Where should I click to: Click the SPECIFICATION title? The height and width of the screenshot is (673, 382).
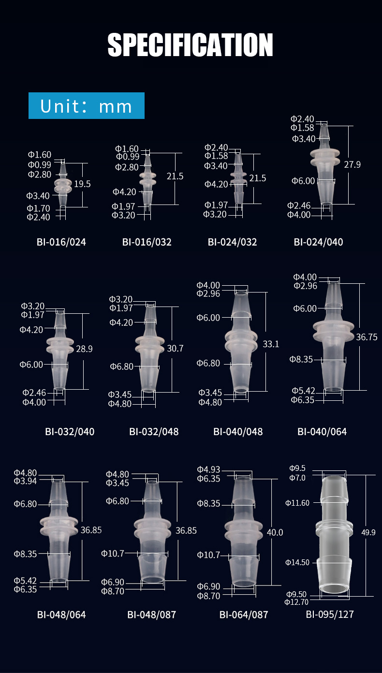191,45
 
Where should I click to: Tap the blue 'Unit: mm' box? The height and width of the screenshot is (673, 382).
87,106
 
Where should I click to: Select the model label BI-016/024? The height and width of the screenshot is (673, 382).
61,242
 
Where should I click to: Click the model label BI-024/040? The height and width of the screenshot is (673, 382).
318,242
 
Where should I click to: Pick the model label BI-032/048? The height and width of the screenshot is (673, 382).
154,431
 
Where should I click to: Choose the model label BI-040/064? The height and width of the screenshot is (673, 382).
322,431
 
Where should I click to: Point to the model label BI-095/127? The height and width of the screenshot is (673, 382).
330,614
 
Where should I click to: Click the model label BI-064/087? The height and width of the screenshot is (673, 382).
244,614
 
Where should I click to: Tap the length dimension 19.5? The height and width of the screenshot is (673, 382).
82,184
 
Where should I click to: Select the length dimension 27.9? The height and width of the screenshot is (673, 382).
352,164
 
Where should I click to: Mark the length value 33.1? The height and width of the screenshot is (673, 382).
271,344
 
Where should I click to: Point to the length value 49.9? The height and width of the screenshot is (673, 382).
368,532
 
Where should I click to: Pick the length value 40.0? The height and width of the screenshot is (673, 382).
275,532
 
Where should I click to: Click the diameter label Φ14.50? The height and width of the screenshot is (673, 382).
297,562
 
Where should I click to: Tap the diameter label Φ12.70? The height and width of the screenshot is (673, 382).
296,602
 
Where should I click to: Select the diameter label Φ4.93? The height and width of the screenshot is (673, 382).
208,469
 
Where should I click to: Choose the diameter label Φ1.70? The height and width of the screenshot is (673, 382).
38,208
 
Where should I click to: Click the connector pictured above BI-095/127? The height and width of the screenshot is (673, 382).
333,534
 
